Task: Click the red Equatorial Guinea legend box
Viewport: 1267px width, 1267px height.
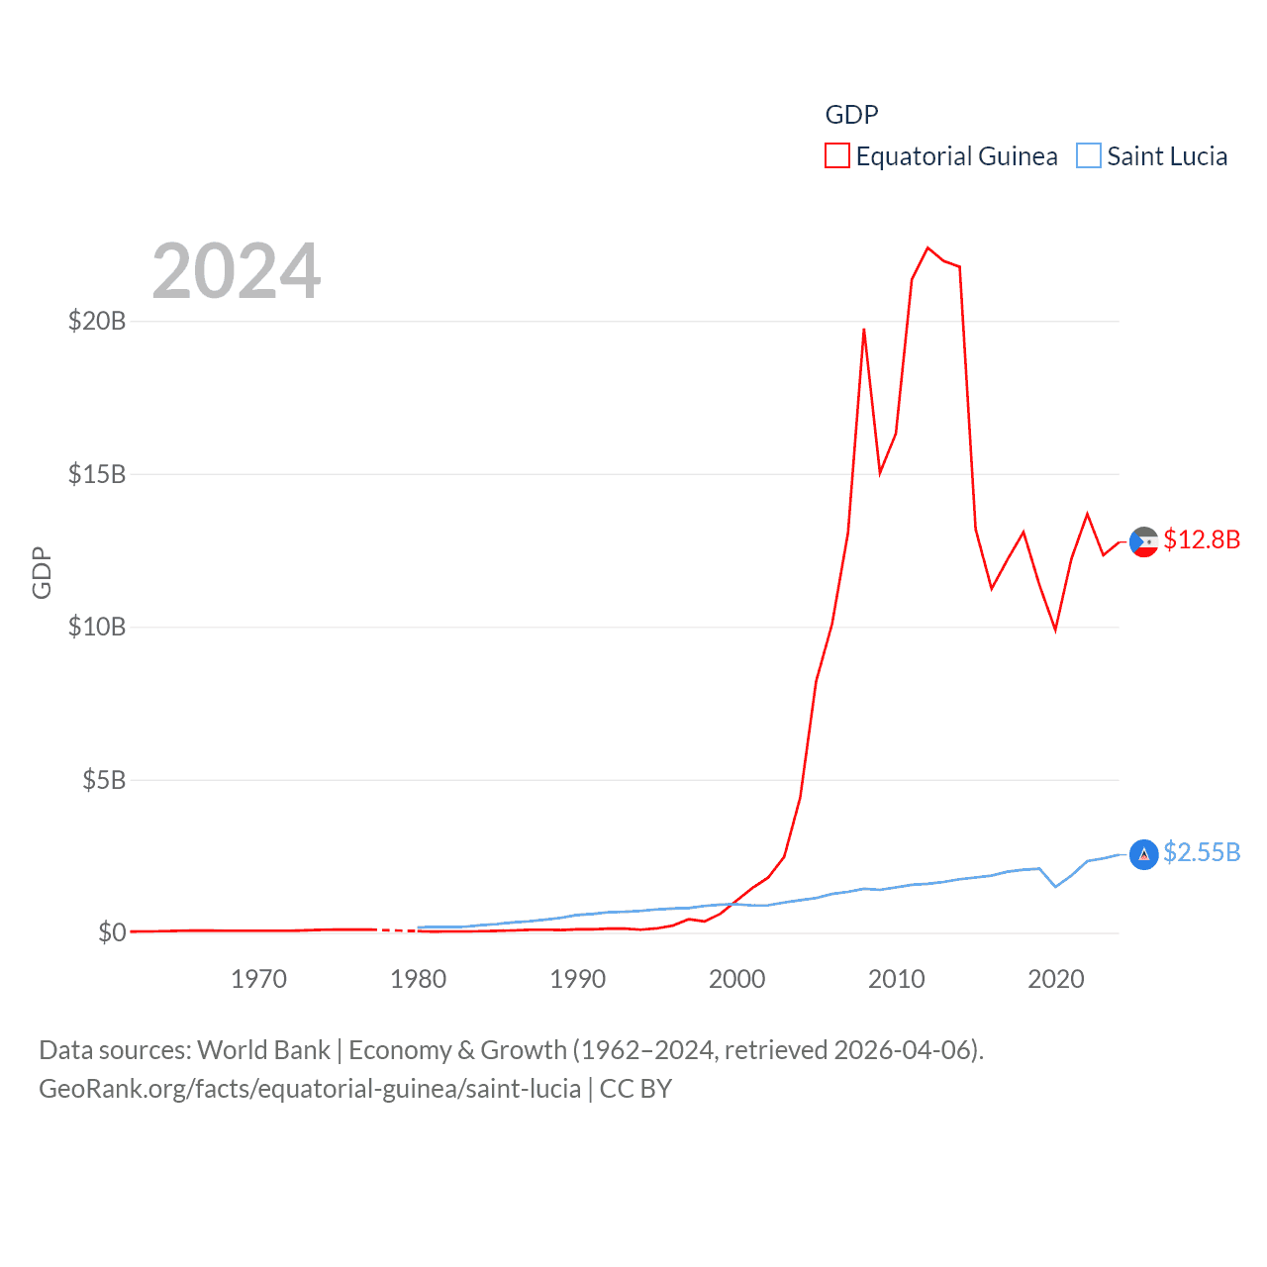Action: click(837, 156)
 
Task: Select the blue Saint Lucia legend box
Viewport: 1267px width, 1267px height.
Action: click(1089, 156)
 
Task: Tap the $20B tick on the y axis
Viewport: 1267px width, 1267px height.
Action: click(97, 321)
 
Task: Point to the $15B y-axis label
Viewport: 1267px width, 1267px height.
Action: click(97, 474)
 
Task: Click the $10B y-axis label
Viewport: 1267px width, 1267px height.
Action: click(97, 627)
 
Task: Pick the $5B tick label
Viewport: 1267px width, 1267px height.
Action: click(104, 780)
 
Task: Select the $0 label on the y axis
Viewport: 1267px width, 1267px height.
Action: click(112, 932)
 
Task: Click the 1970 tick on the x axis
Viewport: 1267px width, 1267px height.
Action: click(258, 979)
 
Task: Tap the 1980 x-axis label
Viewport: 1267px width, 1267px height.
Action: click(418, 979)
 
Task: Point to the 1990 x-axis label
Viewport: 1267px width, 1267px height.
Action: click(577, 979)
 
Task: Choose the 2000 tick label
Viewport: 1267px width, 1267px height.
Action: click(736, 979)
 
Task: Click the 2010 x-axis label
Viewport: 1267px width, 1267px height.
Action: click(896, 979)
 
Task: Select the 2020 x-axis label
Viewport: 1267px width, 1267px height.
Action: click(1056, 979)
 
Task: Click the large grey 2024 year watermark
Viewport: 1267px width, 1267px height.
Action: click(237, 271)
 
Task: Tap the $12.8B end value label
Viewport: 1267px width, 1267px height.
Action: click(1202, 539)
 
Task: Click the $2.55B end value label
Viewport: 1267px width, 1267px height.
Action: click(1202, 852)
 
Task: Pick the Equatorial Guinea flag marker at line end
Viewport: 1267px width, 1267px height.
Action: click(1144, 541)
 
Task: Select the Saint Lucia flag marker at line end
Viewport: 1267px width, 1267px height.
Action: click(1144, 854)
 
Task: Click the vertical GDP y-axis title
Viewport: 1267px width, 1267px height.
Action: click(42, 572)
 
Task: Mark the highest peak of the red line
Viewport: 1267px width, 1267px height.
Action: click(927, 247)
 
